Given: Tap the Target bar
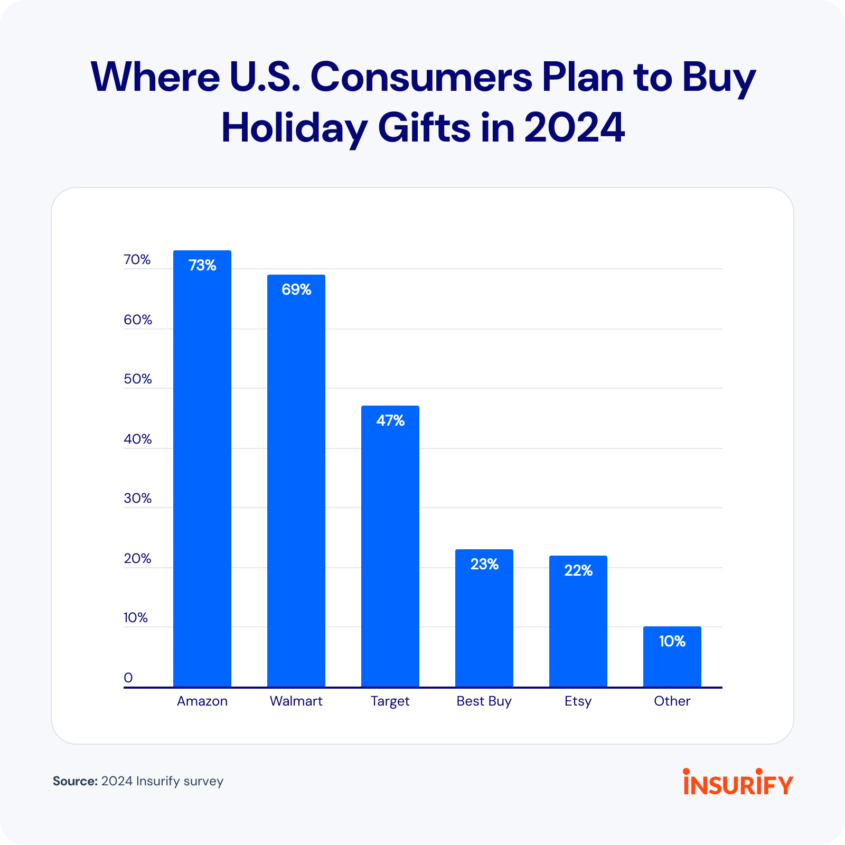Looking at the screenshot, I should [390, 549].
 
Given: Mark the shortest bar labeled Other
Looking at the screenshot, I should [672, 660].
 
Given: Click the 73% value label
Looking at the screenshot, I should [202, 265].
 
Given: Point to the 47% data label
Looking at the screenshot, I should [390, 420].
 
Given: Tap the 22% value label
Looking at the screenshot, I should [578, 570].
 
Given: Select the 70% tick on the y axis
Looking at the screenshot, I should [137, 259].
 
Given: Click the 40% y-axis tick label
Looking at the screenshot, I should [137, 439].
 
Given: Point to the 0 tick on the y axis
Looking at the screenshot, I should [128, 678].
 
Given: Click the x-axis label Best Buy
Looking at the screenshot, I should [484, 701].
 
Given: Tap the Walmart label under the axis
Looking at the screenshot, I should [296, 701].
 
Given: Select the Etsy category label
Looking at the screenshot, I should [578, 701].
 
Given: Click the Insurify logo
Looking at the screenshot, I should [738, 782].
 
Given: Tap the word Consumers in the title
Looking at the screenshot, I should [421, 77].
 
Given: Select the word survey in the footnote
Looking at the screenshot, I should [203, 781].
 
